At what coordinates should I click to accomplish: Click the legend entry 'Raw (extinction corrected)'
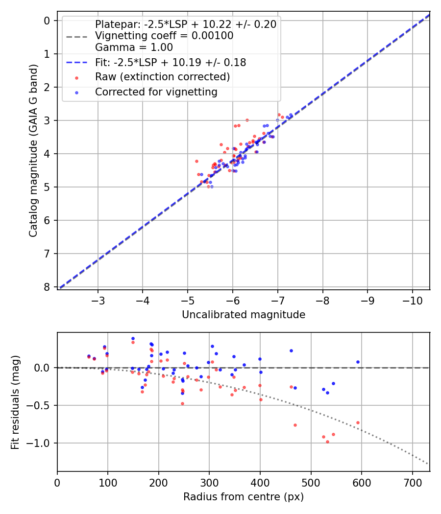coord(162,77)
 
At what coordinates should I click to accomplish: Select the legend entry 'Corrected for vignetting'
coord(156,92)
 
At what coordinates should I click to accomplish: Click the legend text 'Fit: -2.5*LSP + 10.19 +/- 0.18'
coord(171,62)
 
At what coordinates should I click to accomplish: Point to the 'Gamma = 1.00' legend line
coord(134,47)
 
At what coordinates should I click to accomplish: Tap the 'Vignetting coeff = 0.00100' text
coord(164,36)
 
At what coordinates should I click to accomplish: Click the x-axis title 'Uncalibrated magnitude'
coord(244,315)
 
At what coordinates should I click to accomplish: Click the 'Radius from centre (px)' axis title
coord(244,497)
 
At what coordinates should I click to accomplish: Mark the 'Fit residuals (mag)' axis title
coord(15,402)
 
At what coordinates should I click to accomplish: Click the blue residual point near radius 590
coord(358,362)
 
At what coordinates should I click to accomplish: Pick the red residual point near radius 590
coord(358,422)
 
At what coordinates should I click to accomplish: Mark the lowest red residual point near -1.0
coord(327,442)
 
